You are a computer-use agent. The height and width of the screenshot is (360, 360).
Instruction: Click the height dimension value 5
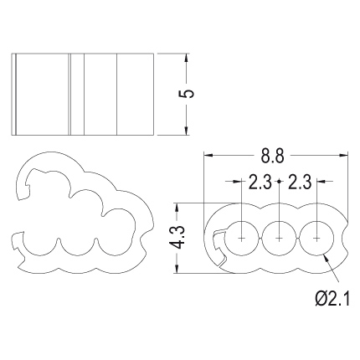point(187,94)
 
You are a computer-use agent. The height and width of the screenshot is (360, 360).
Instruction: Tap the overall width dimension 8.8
point(272,156)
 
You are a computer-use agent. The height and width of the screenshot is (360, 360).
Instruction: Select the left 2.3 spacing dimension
point(260,183)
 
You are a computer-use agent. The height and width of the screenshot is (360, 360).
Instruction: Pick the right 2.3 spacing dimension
point(299,183)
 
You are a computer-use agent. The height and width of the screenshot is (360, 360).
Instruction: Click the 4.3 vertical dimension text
point(178,237)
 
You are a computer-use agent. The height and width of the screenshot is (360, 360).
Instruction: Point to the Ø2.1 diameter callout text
point(332,298)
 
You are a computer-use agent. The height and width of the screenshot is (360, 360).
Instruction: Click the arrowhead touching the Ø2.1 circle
point(326,257)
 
